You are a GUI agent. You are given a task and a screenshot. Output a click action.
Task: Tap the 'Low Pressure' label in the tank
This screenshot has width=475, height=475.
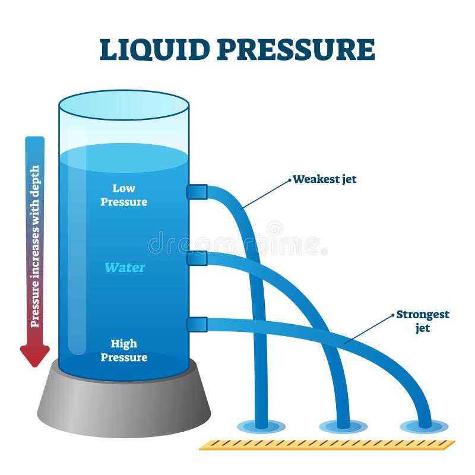coord(123,195)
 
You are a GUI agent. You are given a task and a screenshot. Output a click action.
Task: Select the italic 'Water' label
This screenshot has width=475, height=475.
coord(125,267)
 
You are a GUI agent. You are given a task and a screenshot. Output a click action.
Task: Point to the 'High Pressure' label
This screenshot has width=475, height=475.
coord(123,350)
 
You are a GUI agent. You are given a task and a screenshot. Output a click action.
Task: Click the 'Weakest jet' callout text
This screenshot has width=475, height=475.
coord(325,179)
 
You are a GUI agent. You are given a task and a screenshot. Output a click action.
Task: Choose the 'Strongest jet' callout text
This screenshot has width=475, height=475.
coord(423,321)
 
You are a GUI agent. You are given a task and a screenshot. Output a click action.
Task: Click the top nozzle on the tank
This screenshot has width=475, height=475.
coord(197,192)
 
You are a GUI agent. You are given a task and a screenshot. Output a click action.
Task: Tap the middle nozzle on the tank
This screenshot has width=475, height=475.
coord(197,258)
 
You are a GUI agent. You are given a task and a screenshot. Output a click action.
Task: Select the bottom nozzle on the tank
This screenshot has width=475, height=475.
coord(197,324)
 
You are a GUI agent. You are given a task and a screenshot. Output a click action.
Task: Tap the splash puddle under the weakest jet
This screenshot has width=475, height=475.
coord(261,426)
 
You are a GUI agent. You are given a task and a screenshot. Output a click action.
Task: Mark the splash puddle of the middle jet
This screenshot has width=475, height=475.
coord(343,426)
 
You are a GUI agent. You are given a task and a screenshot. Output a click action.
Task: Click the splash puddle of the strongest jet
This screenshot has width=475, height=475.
coord(424,426)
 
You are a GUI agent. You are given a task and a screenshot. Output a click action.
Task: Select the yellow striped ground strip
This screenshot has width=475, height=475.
coord(327,445)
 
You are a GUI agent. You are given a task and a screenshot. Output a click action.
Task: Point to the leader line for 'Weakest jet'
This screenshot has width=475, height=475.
coord(267,193)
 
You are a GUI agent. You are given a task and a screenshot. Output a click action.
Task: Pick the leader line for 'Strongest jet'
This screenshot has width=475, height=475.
coord(368,328)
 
